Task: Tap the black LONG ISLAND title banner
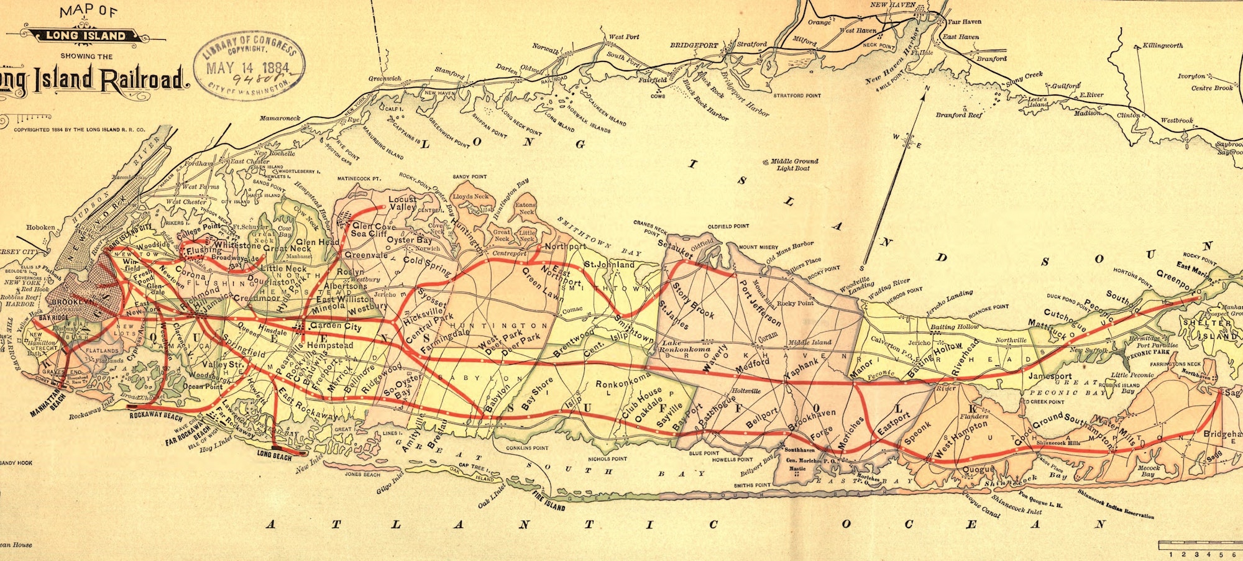pos(85,35)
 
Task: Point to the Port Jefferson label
pos(759,303)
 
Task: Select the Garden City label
pos(336,326)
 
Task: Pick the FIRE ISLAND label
pos(549,501)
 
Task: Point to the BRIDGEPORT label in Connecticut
pos(694,45)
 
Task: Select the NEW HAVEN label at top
pos(892,5)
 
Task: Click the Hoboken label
pos(40,228)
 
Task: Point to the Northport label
pos(564,247)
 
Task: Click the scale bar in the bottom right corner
pos(1199,545)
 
